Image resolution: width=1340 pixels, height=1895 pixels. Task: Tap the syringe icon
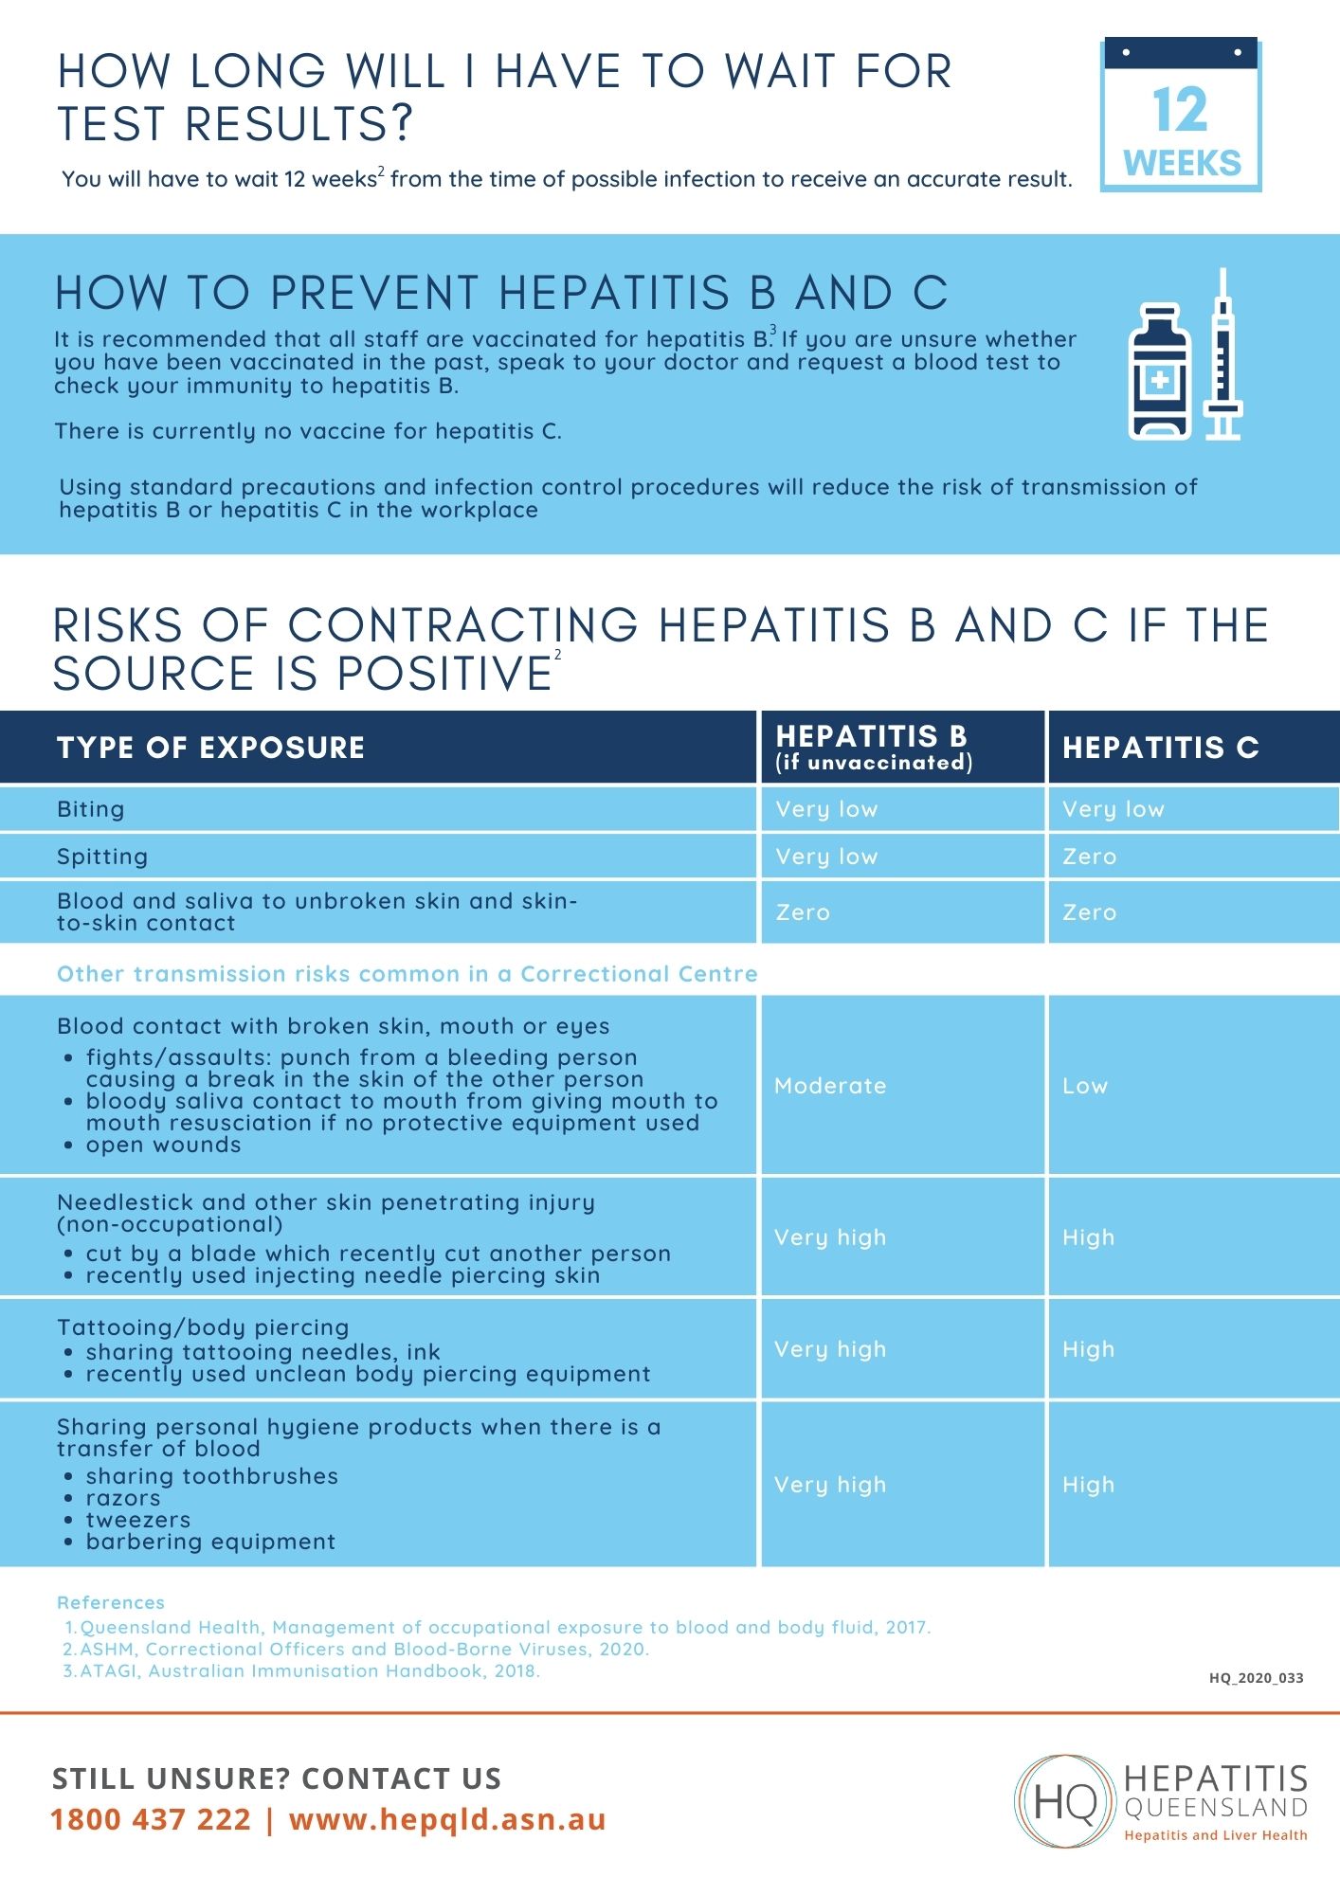coord(1222,355)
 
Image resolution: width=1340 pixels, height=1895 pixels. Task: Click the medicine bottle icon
coord(1159,372)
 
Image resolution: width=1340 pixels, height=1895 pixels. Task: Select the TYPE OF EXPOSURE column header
coord(210,748)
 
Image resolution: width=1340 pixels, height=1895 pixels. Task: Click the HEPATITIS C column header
coord(1160,748)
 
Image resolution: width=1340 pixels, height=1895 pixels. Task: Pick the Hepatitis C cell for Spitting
coord(1090,857)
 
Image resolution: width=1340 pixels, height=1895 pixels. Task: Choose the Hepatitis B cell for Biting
coord(826,809)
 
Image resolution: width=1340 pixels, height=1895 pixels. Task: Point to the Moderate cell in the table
coord(830,1086)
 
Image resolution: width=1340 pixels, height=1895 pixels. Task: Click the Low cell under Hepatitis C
coord(1085,1086)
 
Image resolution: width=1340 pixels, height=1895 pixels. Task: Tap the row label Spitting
coord(102,857)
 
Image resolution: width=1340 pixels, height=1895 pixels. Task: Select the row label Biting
coord(91,809)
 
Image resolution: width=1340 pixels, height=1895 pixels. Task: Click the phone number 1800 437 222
coord(151,1819)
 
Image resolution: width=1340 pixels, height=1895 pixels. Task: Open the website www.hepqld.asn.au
coord(447,1819)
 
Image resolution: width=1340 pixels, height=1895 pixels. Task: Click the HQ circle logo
coord(1065,1800)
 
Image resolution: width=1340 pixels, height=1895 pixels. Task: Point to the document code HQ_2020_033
coord(1256,1678)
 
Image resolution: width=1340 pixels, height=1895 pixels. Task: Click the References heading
coord(111,1602)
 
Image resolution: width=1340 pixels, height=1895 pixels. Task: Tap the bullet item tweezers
coord(138,1520)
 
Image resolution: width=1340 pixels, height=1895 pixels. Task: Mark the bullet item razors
coord(123,1498)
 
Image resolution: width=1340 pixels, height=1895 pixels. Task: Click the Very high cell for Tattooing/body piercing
coord(830,1349)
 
